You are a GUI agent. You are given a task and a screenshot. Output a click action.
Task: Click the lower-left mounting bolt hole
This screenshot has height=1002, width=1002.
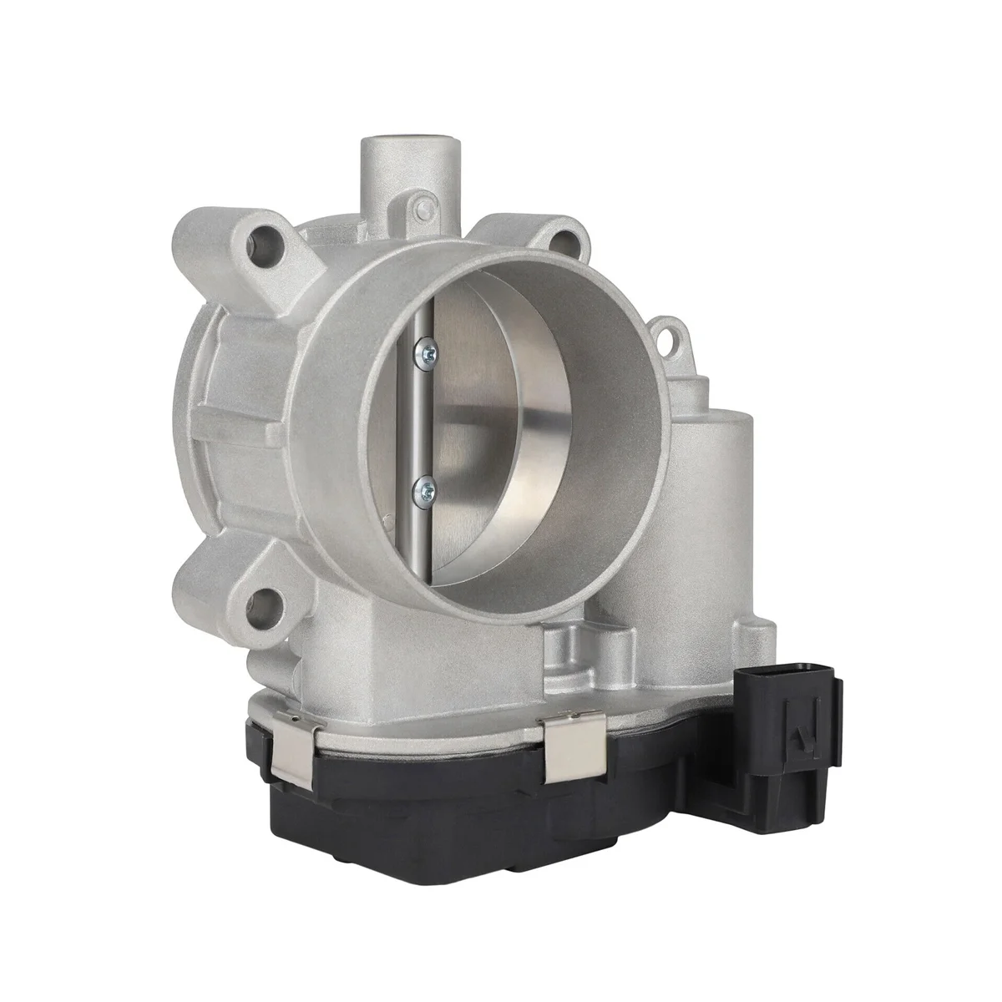tap(266, 599)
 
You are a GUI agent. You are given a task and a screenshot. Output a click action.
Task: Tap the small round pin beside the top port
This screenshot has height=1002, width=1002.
tap(427, 204)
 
